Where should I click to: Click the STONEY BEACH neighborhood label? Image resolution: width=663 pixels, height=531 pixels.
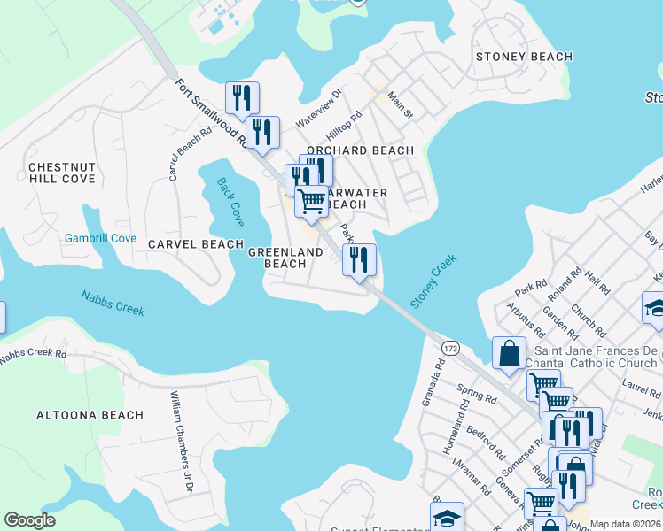(x=524, y=57)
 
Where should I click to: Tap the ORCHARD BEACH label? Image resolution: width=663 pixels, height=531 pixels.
(x=360, y=150)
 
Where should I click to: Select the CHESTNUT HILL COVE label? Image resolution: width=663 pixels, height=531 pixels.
(x=61, y=173)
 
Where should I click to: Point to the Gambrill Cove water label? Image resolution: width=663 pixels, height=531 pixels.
(x=100, y=238)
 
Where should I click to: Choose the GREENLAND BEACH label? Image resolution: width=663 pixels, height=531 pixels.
(x=285, y=258)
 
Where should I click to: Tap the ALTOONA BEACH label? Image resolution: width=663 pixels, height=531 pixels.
(x=90, y=415)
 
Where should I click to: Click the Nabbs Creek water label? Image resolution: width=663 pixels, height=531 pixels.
(x=113, y=304)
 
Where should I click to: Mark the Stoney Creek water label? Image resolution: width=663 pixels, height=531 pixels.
(x=433, y=282)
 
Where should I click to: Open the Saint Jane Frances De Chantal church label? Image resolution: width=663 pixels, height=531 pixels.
(x=577, y=357)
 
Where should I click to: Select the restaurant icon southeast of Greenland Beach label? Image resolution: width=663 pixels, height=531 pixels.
(x=359, y=259)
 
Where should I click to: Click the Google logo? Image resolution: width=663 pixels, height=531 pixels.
(x=30, y=520)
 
